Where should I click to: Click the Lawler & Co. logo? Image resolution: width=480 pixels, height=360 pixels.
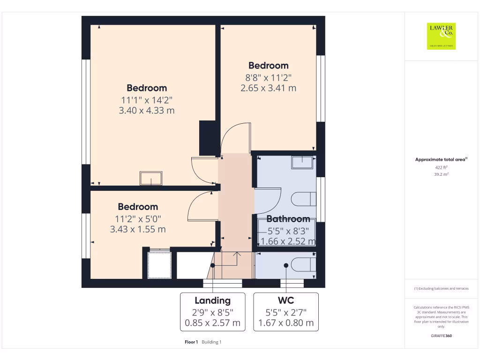[441, 36]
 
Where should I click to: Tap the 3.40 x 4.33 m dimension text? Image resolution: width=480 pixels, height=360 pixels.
[147, 111]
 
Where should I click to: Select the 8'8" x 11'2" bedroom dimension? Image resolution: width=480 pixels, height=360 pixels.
[268, 77]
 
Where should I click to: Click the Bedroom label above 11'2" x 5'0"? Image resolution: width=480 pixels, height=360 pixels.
[138, 207]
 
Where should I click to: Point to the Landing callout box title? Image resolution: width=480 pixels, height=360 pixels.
[212, 300]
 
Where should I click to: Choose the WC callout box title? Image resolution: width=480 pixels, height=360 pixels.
[286, 300]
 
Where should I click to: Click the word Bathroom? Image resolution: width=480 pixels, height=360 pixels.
[288, 219]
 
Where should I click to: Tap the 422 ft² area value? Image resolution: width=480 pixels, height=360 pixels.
[441, 167]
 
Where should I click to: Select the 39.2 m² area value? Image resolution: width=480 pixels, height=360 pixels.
[441, 174]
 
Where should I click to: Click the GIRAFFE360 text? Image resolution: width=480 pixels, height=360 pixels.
[441, 336]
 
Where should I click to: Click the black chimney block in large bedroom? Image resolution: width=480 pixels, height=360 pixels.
[207, 138]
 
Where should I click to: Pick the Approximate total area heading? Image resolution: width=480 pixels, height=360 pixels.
[441, 160]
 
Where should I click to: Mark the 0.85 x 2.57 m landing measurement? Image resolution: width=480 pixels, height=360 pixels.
[212, 323]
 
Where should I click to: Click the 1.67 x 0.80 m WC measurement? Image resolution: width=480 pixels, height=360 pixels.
[286, 323]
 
